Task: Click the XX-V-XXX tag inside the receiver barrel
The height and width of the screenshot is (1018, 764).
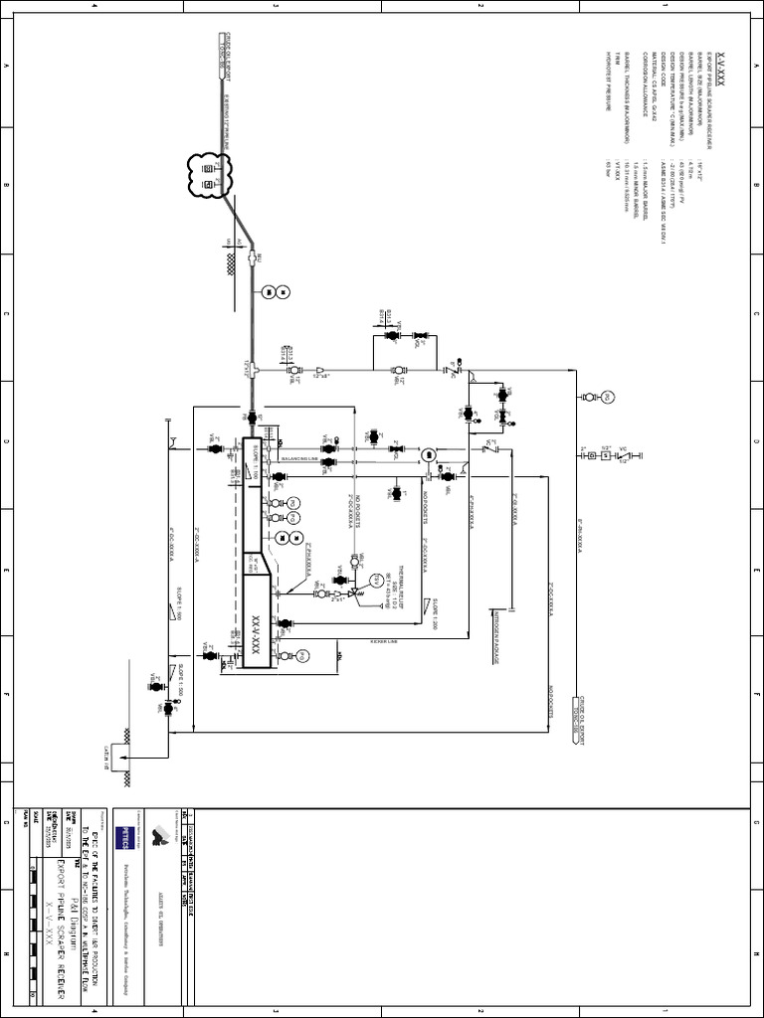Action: (x=256, y=616)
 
